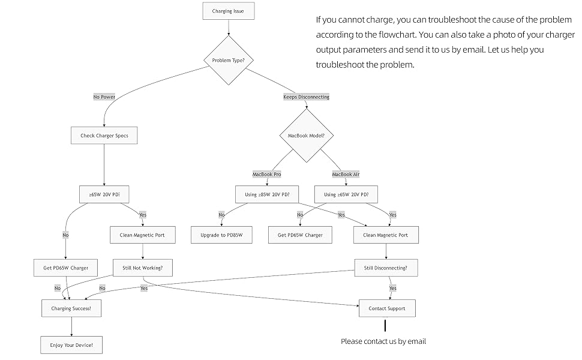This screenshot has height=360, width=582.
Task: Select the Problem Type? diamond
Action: click(227, 60)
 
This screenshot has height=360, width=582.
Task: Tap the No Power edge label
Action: click(104, 97)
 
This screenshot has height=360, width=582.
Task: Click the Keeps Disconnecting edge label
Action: click(306, 97)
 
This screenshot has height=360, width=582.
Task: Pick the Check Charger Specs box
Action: click(104, 136)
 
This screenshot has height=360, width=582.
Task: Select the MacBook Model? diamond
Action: click(306, 136)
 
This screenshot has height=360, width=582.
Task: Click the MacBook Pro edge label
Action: click(266, 174)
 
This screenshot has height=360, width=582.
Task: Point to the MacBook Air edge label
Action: click(346, 174)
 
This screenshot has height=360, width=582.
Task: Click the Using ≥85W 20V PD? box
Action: click(266, 194)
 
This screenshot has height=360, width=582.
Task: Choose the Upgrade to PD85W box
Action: click(221, 235)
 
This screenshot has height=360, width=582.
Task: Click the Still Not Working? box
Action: click(143, 268)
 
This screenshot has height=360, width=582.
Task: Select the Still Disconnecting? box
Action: click(386, 268)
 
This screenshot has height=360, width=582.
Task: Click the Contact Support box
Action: click(386, 308)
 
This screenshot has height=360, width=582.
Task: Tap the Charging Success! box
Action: click(71, 308)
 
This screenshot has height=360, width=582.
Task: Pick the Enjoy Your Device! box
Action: click(71, 345)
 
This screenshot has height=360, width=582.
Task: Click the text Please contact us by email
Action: click(383, 341)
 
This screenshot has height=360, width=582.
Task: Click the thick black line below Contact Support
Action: click(385, 325)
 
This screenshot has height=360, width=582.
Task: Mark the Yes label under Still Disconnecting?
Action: click(393, 288)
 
